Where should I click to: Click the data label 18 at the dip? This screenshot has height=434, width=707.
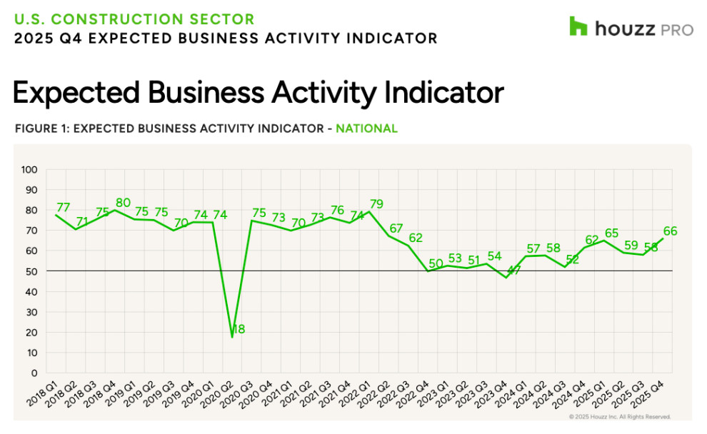(239, 329)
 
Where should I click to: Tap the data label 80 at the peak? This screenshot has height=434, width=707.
(123, 202)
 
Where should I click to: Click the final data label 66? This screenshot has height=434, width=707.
(670, 231)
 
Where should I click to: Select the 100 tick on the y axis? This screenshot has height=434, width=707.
(29, 170)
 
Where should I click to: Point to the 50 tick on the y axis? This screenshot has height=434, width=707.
(31, 271)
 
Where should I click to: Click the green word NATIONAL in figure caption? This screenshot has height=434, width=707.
(366, 129)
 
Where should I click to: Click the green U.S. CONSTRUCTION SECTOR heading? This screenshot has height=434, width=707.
(134, 19)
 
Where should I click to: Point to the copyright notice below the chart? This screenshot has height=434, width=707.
(620, 417)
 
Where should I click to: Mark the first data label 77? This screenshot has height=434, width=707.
(64, 208)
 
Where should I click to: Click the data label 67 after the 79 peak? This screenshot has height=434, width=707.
(396, 228)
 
